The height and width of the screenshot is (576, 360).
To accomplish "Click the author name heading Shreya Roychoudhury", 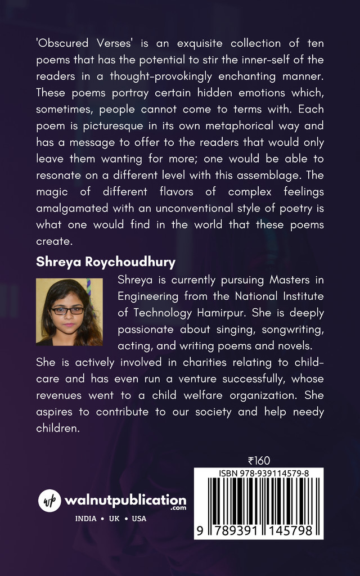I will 106,262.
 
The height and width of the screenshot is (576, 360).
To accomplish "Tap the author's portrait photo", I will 69,312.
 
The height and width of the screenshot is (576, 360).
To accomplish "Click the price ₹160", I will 259,461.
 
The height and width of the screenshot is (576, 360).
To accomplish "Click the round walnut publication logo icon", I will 49,501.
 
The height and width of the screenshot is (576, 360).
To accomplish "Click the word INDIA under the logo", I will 86,519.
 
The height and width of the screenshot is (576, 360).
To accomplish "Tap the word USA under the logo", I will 139,519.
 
